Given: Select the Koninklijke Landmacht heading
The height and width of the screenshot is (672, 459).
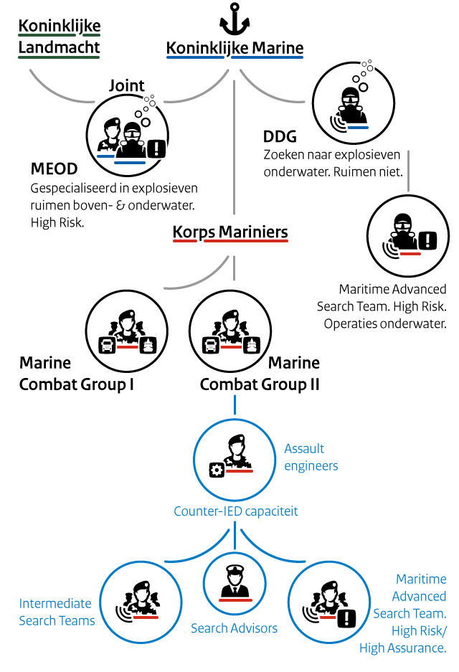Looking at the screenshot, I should pyautogui.click(x=60, y=37).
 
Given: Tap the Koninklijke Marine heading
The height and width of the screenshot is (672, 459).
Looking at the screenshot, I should pyautogui.click(x=235, y=49).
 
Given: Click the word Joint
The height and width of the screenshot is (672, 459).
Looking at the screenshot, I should pyautogui.click(x=127, y=85).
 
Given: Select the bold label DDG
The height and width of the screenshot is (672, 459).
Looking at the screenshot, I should pyautogui.click(x=280, y=137).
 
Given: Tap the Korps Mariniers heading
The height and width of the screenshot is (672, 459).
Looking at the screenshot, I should pyautogui.click(x=230, y=232).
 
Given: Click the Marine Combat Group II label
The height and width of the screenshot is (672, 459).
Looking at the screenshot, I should pyautogui.click(x=260, y=374).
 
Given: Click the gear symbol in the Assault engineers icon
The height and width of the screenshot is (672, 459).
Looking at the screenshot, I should pyautogui.click(x=216, y=470).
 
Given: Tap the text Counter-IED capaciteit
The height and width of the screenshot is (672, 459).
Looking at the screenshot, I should pyautogui.click(x=236, y=511).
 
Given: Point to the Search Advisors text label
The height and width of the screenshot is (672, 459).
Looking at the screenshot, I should pyautogui.click(x=234, y=628).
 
